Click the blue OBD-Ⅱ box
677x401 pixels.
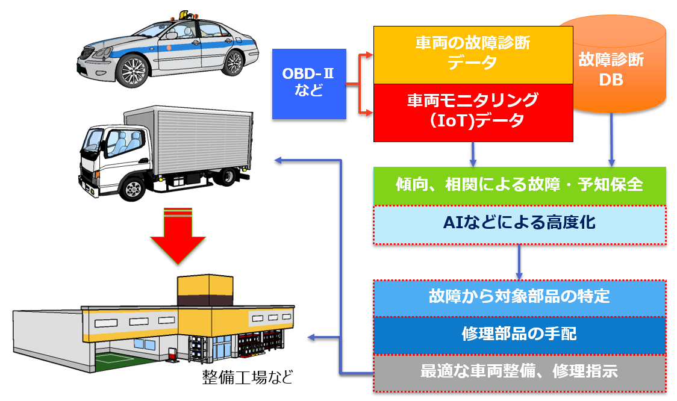click(x=308, y=83)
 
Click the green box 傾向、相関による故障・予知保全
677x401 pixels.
click(x=520, y=184)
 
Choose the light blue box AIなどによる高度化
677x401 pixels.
click(x=520, y=224)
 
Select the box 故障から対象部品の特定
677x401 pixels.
click(x=520, y=296)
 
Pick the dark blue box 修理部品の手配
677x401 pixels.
click(x=520, y=334)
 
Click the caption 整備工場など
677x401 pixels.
click(x=247, y=378)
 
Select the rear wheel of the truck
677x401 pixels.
click(x=228, y=175)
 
